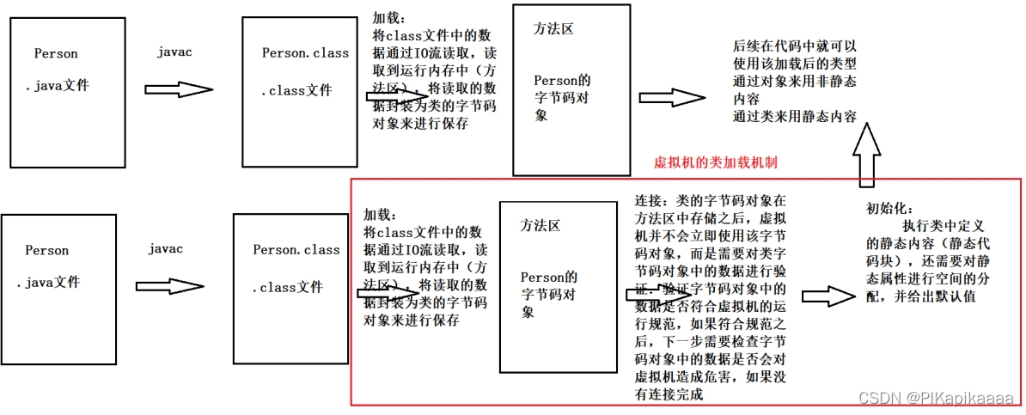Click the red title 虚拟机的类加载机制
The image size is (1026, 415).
[716, 162]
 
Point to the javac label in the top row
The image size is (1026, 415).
[174, 52]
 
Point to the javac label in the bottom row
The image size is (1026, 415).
[165, 249]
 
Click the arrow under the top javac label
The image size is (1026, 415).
[178, 89]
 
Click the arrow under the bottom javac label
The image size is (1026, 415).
[168, 287]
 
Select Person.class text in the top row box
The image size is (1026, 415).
[305, 53]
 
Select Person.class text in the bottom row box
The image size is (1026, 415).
[296, 250]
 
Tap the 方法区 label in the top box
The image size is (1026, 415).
[553, 28]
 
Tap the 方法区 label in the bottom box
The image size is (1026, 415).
[540, 225]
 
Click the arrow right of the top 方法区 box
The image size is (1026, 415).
[671, 97]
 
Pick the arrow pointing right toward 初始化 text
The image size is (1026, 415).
[829, 295]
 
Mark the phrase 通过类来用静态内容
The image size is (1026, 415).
[795, 115]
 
